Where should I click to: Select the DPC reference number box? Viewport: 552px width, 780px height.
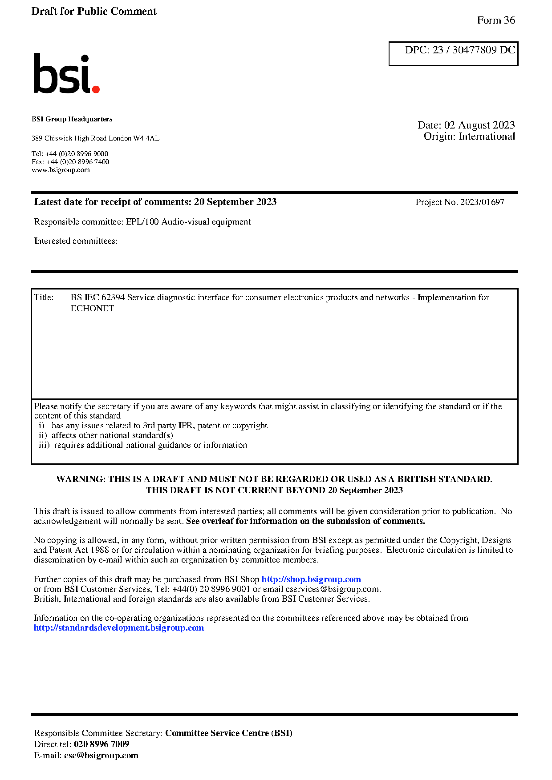[x=453, y=54]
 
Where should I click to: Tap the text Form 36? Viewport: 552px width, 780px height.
[x=495, y=20]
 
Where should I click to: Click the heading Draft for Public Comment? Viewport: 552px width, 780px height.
[x=94, y=12]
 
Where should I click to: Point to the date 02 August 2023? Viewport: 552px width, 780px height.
[x=479, y=125]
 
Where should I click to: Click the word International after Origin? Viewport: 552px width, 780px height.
[x=487, y=137]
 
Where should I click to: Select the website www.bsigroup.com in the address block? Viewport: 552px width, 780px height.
[x=61, y=170]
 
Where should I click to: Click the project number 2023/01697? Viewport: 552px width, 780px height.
[x=482, y=202]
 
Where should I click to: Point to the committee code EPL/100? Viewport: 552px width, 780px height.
[x=142, y=222]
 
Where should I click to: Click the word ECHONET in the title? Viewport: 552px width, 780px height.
[x=92, y=309]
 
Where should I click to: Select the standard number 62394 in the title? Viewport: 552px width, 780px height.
[x=113, y=298]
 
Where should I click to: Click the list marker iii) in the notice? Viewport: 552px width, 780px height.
[x=44, y=445]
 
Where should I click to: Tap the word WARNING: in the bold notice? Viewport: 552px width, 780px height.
[x=81, y=479]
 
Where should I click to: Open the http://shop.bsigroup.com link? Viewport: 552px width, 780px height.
[x=311, y=579]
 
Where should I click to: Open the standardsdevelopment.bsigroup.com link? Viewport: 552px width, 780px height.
[x=119, y=628]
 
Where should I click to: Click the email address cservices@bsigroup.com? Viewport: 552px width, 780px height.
[x=333, y=589]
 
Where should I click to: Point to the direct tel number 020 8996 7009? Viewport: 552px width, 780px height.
[x=101, y=744]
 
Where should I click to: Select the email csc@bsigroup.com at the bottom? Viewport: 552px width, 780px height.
[x=101, y=756]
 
